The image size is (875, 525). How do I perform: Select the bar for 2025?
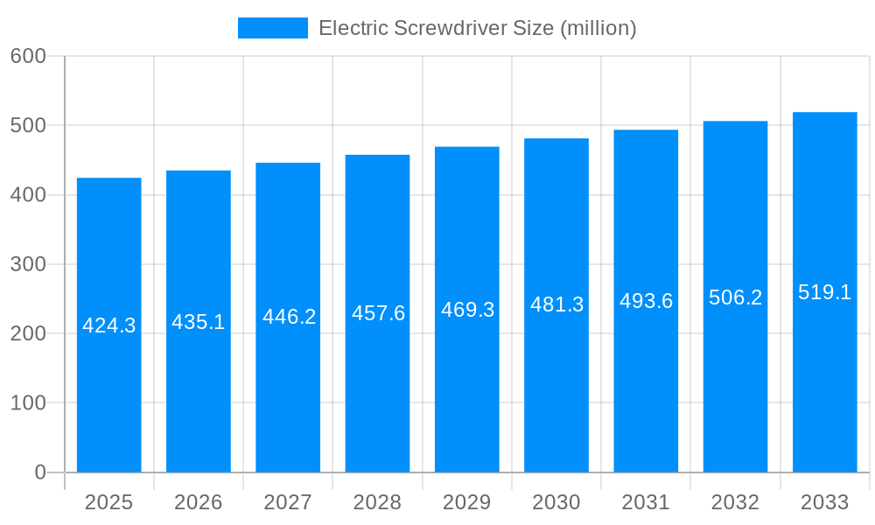point(109,394)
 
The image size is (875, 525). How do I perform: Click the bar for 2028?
point(377,394)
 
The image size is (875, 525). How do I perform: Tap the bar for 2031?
point(646,394)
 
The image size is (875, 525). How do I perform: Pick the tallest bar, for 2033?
point(824,394)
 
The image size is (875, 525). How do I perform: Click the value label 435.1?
point(199,322)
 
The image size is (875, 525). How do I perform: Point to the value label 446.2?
point(289,317)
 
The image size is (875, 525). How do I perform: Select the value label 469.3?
point(467,310)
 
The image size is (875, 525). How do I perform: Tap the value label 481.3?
point(556,304)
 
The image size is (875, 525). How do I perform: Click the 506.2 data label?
point(735,297)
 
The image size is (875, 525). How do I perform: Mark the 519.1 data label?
point(824,292)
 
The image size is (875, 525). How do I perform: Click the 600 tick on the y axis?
point(28,56)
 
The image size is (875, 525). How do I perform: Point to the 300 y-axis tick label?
point(28,264)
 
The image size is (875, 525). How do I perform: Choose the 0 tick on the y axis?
point(40,472)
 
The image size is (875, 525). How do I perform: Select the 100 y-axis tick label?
point(28,403)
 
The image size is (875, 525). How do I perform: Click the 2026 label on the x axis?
point(199,502)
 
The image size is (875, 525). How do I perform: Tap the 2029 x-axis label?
point(467,502)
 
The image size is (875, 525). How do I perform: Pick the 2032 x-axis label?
point(735,502)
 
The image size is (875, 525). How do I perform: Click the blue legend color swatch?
point(273,28)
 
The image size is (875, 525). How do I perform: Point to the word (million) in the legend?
point(598,28)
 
